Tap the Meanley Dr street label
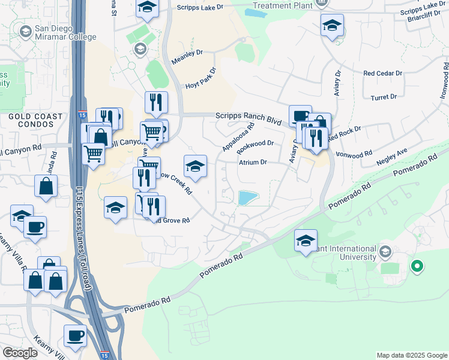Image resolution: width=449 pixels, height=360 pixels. click(x=189, y=60)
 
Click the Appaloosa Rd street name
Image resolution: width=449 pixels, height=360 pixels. click(x=238, y=137)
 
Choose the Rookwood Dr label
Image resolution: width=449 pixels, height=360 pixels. click(x=255, y=144)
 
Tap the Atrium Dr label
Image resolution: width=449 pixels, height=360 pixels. click(x=253, y=162)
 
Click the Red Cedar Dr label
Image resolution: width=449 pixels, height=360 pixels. click(x=382, y=73)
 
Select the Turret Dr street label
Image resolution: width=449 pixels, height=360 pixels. click(x=384, y=97)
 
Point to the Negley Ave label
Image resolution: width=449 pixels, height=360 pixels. click(x=391, y=158)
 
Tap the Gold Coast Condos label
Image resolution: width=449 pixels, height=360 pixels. click(x=35, y=121)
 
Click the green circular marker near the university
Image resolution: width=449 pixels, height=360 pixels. click(x=416, y=265)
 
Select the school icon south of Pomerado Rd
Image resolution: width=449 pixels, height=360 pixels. click(x=306, y=241)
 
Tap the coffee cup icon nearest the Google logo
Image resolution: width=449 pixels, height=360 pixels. click(x=75, y=336)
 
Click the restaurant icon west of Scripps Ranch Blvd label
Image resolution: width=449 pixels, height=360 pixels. click(x=156, y=102)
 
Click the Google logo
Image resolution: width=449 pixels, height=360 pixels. click(x=20, y=353)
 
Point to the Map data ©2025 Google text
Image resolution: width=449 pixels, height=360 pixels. click(x=412, y=355)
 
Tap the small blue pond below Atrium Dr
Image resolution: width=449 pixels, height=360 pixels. click(x=246, y=198)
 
